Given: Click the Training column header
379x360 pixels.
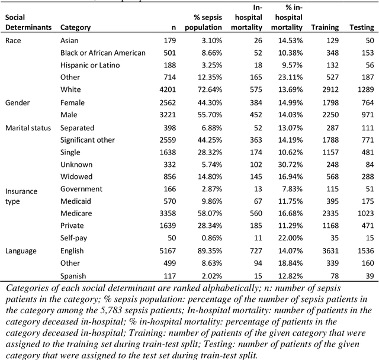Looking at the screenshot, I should click(326, 27).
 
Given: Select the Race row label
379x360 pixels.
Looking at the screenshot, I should click(13, 40).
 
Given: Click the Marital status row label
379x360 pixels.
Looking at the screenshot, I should click(28, 127).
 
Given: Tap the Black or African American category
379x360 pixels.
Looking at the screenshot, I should click(103, 53).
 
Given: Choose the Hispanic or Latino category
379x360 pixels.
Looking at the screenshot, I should click(89, 65).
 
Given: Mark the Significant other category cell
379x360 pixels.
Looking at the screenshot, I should click(88, 140).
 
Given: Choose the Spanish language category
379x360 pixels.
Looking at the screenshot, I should click(74, 275).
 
